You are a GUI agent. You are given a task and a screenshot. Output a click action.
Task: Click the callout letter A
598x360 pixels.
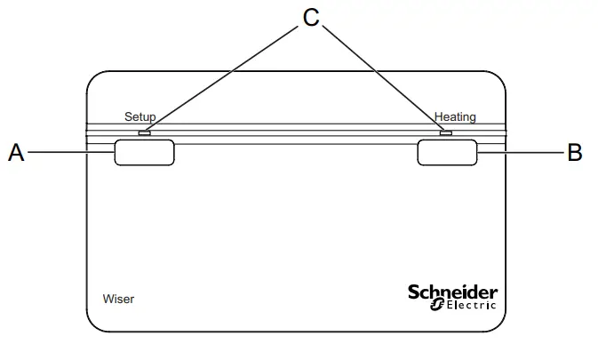(x=16, y=153)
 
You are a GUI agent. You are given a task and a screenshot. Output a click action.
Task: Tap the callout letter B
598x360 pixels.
(x=575, y=153)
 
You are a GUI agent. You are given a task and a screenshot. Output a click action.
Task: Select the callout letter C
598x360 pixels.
(x=311, y=18)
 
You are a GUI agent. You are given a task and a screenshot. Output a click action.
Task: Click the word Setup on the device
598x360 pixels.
(x=140, y=116)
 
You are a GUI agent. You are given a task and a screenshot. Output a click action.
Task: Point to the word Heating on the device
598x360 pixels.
(x=455, y=116)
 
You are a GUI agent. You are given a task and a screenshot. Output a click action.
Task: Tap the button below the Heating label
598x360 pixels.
(x=448, y=152)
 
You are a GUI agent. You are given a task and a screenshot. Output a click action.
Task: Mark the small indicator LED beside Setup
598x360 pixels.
(x=145, y=134)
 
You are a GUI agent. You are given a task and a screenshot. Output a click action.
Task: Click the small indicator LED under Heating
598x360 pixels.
(x=446, y=134)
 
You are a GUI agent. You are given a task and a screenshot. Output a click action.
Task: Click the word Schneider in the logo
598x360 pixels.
(x=452, y=292)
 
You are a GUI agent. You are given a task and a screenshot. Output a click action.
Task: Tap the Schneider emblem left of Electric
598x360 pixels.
(x=436, y=306)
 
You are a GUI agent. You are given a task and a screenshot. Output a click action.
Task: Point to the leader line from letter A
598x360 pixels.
(x=71, y=153)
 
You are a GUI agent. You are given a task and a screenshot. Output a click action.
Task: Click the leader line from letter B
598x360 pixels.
(x=522, y=153)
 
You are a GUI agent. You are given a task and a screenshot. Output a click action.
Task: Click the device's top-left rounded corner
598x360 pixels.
(x=96, y=81)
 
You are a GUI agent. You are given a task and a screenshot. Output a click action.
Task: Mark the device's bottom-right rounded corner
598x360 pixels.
(x=498, y=323)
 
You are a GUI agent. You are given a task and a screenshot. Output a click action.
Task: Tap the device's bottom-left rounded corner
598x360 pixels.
(x=96, y=323)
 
